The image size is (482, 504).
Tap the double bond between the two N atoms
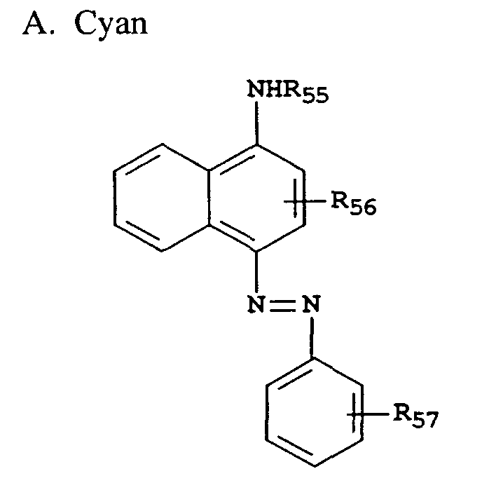(x=283, y=303)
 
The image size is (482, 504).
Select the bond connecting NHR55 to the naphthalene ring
(x=258, y=123)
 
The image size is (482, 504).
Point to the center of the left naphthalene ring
(x=163, y=197)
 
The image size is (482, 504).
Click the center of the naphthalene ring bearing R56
(x=258, y=197)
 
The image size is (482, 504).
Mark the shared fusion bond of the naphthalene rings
(x=210, y=197)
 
